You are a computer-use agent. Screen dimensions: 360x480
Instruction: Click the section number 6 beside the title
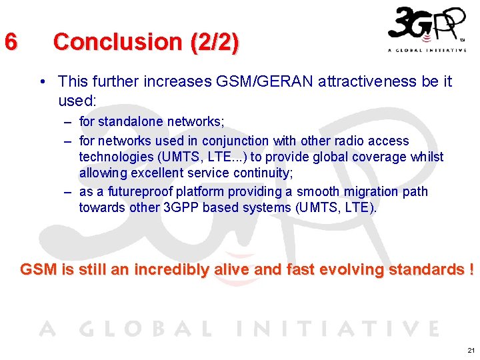[x=10, y=41]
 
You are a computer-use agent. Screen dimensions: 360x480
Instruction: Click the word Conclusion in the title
[x=117, y=41]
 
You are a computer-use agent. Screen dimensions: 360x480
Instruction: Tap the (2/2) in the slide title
[x=214, y=41]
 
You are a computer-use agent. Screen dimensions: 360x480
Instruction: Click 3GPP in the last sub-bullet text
[x=181, y=207]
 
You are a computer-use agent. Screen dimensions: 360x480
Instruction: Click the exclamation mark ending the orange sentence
[x=471, y=269]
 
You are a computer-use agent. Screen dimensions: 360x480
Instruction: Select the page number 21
[x=471, y=350]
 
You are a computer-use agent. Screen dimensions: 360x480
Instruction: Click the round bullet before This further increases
[x=43, y=82]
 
